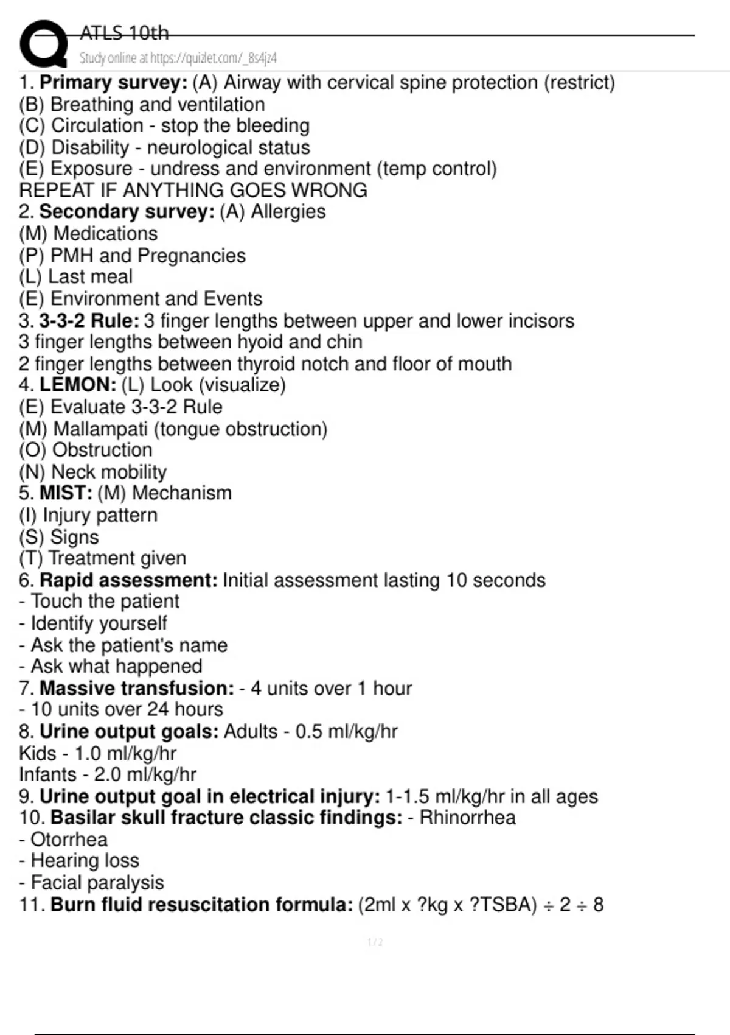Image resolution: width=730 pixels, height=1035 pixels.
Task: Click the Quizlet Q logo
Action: [43, 44]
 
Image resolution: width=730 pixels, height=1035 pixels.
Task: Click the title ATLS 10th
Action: [124, 33]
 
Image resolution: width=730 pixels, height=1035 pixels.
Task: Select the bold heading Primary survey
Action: [113, 82]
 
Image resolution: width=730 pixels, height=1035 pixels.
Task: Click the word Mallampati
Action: [100, 429]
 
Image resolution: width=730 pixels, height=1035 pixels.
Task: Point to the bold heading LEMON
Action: [77, 385]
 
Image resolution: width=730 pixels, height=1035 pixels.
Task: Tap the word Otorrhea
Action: [69, 839]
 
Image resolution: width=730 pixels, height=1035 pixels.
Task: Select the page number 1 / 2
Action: [375, 942]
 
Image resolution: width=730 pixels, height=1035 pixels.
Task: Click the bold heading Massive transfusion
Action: [136, 688]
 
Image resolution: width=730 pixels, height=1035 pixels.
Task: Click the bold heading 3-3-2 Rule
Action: [89, 320]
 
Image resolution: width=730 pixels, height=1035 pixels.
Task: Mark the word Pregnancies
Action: [192, 255]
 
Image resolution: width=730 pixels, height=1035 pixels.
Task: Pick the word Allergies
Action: [288, 211]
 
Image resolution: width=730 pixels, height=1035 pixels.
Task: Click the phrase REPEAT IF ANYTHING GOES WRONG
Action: [193, 190]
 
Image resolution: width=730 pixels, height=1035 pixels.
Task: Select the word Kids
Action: [38, 753]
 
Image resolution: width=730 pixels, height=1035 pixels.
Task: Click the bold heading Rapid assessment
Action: [128, 580]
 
